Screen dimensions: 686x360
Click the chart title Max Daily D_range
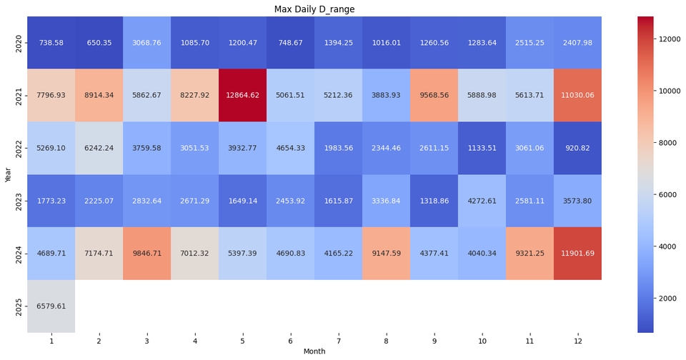pos(314,9)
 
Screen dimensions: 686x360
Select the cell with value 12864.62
pos(242,95)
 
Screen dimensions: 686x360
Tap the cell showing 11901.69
pos(577,254)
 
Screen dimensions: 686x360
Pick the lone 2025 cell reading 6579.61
pos(51,306)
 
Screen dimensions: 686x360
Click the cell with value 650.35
pos(99,42)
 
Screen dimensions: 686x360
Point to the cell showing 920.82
pos(577,148)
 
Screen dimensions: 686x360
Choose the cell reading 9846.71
pos(146,254)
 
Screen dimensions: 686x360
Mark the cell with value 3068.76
pos(146,42)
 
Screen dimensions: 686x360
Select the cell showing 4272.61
pos(482,201)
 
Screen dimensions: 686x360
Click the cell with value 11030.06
pos(577,95)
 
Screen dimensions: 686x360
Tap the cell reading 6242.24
pos(99,148)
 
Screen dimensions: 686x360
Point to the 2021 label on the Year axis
pos(19,96)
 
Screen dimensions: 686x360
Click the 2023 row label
pos(19,201)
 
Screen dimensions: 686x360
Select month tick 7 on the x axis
pos(338,341)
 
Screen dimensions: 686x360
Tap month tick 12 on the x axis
pos(577,341)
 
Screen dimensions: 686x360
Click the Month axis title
pos(314,351)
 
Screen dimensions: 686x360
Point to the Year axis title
pos(9,174)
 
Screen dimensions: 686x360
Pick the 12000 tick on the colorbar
pos(669,39)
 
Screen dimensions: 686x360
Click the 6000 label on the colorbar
pos(667,195)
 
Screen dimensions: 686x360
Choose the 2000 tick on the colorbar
pos(667,299)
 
